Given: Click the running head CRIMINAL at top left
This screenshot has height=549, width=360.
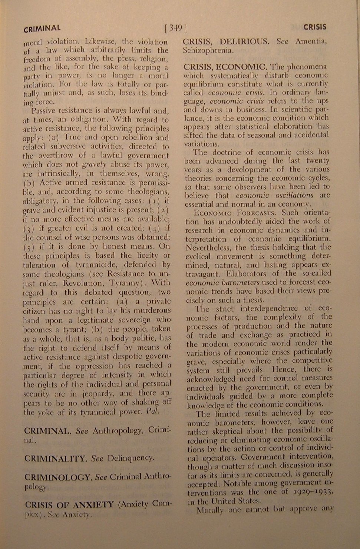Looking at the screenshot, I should coord(42,28).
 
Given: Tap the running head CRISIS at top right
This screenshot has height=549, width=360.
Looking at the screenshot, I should coord(314,27).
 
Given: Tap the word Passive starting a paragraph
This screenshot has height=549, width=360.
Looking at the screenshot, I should coord(43,110).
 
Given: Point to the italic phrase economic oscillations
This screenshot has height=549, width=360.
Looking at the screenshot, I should coord(274,195).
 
